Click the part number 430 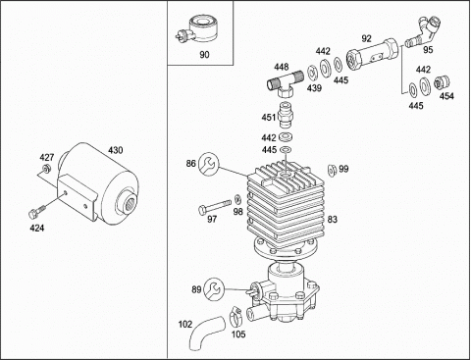point(116,150)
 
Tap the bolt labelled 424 point(35,213)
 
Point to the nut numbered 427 point(46,169)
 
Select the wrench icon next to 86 point(208,163)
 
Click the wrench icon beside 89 point(214,289)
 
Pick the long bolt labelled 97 point(215,206)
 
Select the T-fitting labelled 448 point(285,84)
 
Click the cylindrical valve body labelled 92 point(372,54)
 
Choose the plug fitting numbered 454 point(442,83)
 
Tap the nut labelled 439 point(311,74)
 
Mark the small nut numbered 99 point(332,170)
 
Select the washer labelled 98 point(237,199)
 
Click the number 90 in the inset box point(204,54)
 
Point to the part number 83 point(332,219)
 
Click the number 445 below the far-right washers point(416,106)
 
